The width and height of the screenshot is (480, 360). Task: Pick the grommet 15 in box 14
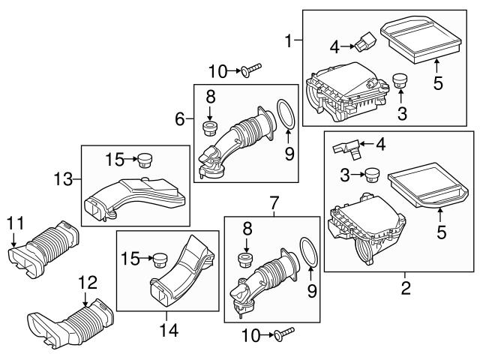[x=157, y=259]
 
